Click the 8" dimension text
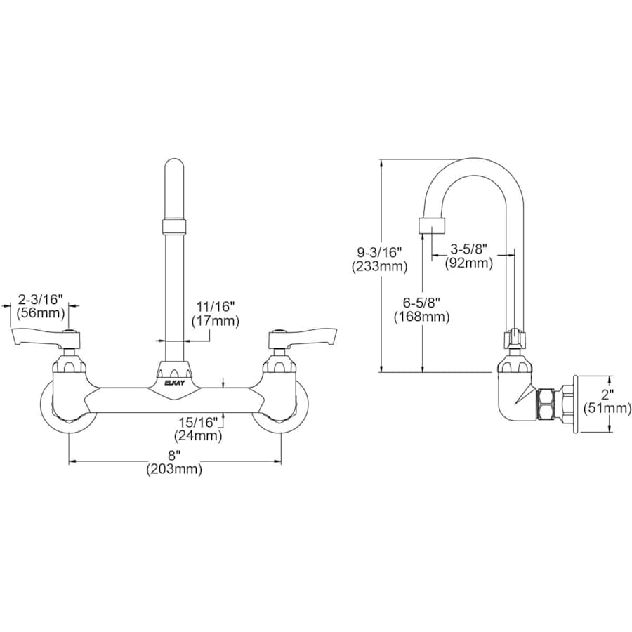174,456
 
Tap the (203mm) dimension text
174,470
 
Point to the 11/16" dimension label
215,306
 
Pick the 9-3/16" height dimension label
380,251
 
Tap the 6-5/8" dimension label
421,302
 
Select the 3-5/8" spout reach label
468,249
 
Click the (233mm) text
380,266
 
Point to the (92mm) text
468,263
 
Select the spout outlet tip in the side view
433,226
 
